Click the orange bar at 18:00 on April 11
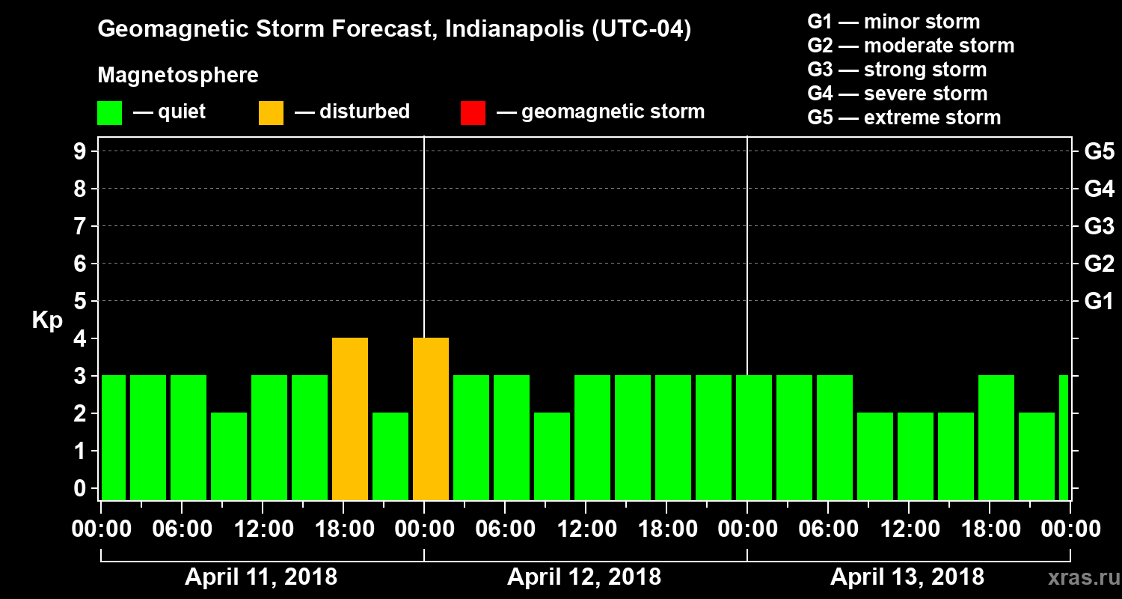pyautogui.click(x=350, y=419)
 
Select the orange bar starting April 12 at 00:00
pyautogui.click(x=431, y=419)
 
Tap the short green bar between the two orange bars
pyautogui.click(x=390, y=456)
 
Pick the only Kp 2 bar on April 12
pyautogui.click(x=552, y=456)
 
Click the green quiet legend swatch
pyautogui.click(x=109, y=112)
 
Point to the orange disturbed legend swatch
pyautogui.click(x=271, y=112)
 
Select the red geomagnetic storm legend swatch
pyautogui.click(x=473, y=112)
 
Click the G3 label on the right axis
pyautogui.click(x=1099, y=226)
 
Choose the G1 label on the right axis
pyautogui.click(x=1099, y=301)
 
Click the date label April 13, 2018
pyautogui.click(x=907, y=577)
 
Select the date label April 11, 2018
pyautogui.click(x=261, y=577)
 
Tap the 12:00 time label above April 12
pyautogui.click(x=586, y=529)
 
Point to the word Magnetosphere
pyautogui.click(x=178, y=76)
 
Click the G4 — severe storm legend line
pyautogui.click(x=898, y=94)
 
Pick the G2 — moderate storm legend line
pyautogui.click(x=911, y=46)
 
